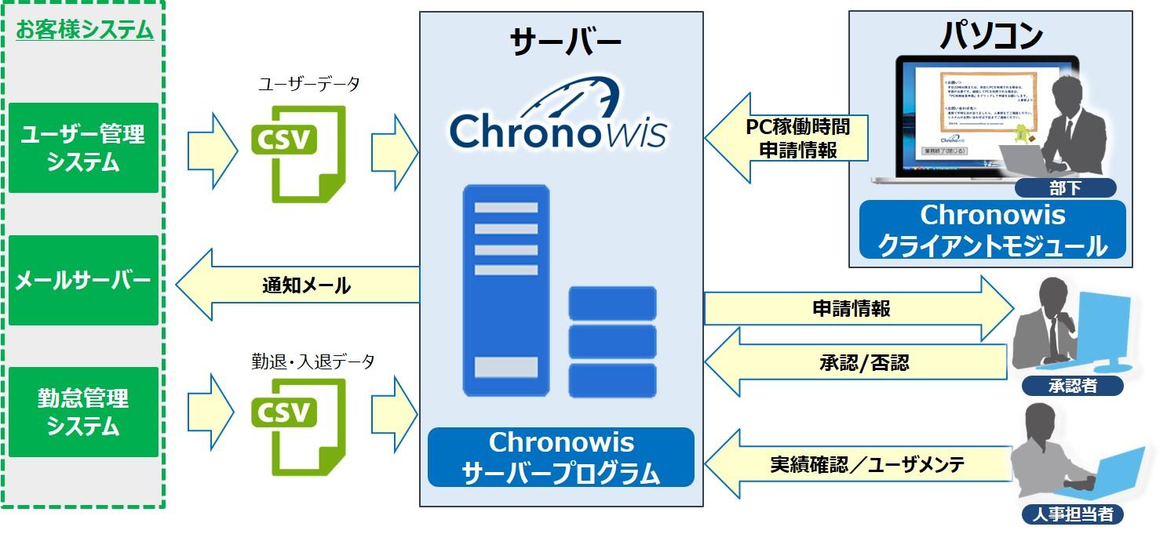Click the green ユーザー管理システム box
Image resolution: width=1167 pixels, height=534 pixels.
83,148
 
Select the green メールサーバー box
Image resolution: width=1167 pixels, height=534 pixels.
83,281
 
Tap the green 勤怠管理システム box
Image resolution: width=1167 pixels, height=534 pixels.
83,412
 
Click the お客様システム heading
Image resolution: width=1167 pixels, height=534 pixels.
84,31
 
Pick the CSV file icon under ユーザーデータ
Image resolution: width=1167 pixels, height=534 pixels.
297,151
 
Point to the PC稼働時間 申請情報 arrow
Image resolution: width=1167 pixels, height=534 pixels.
789,137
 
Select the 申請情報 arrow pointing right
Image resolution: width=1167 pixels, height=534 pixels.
855,308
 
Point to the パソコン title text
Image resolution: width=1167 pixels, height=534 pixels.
991,35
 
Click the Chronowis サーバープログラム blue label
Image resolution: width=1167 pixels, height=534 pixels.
560,457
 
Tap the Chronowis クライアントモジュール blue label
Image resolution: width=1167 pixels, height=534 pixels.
992,230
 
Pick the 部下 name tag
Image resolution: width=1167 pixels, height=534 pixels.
1065,188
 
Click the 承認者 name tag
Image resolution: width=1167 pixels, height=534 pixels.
1072,386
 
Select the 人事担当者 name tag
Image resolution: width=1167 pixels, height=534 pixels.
1072,514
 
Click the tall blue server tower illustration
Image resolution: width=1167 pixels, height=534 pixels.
505,290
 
